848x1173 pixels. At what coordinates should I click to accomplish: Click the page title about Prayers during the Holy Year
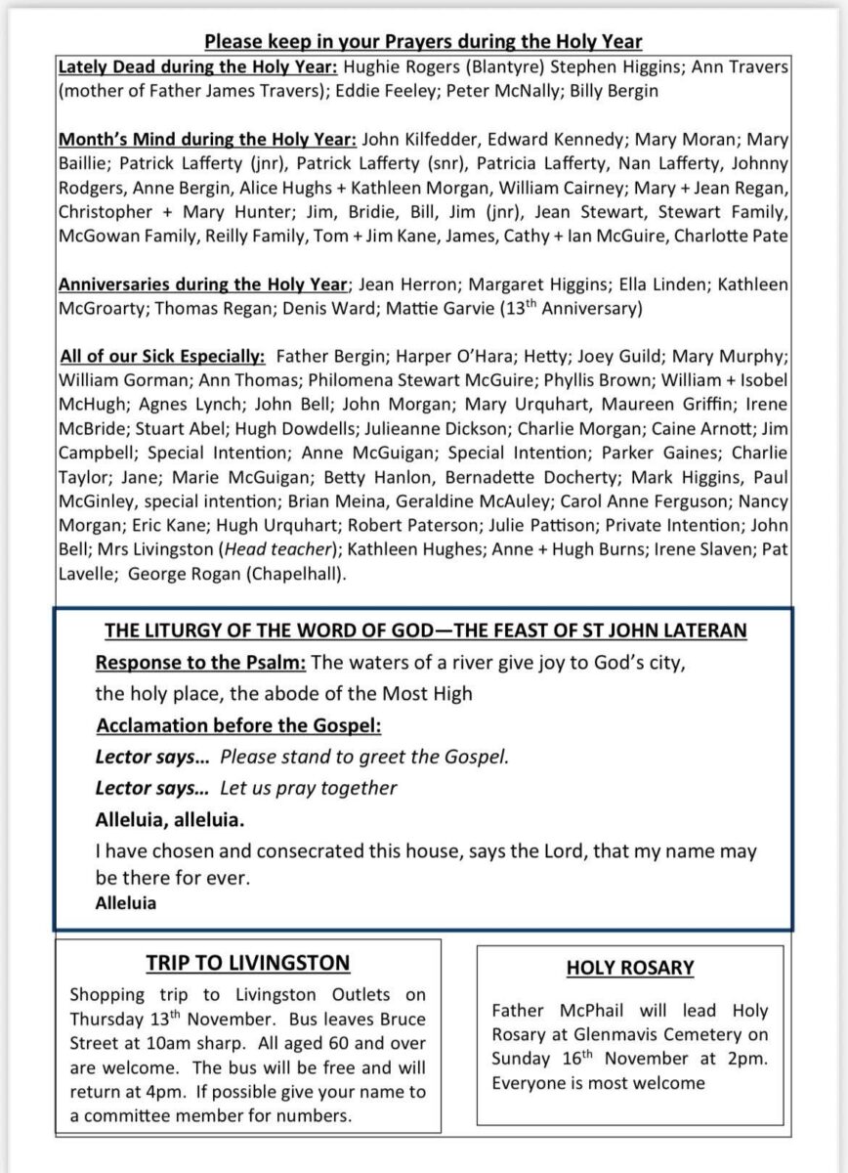423,42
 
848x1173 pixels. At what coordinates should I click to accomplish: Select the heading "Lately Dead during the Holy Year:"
172,68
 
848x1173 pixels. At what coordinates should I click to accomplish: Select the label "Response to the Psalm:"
201,663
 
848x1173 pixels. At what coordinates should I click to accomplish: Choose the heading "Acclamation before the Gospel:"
238,725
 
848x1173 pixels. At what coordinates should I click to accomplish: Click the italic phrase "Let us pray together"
309,787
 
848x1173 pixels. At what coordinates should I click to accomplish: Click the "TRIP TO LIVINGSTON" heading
248,964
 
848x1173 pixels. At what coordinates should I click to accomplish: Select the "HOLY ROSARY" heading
630,969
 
